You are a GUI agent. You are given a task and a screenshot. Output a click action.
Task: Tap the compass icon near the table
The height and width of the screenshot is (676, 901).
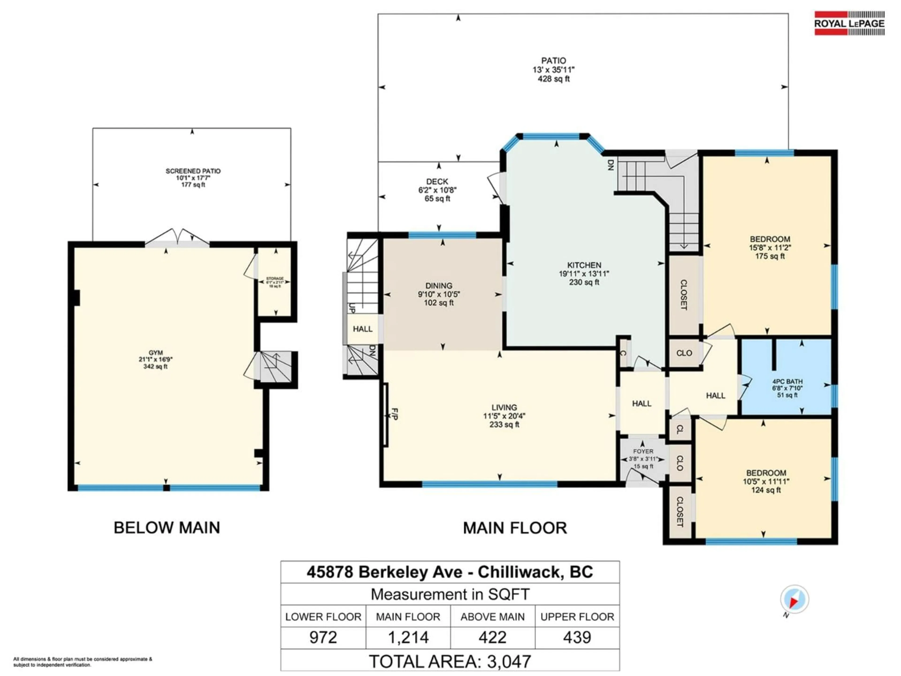click(x=794, y=599)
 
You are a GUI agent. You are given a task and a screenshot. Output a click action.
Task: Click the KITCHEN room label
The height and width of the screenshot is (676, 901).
click(x=584, y=265)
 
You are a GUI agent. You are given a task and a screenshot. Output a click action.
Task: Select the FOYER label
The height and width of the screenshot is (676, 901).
click(x=643, y=451)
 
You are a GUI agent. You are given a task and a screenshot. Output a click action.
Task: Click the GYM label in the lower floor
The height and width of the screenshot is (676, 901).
click(x=156, y=353)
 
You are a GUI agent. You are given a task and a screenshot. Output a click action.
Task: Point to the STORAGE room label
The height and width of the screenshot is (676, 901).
click(x=275, y=279)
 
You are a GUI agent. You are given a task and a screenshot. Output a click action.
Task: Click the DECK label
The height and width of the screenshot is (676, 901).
click(x=437, y=182)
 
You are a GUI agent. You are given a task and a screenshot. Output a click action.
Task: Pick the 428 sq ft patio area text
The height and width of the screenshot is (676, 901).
click(x=553, y=79)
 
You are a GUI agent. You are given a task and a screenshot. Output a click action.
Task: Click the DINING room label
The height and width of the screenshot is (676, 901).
click(x=439, y=286)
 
